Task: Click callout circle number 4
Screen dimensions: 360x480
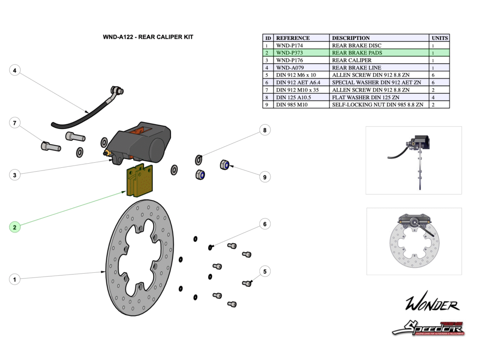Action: (x=15, y=71)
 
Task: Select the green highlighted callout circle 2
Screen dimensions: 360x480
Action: (x=15, y=227)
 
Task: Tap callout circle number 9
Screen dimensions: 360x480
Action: (x=265, y=177)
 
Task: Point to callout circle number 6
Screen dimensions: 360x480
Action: (x=265, y=225)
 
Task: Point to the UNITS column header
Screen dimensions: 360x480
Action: (x=439, y=38)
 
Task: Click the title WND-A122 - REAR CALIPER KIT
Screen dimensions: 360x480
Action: (x=148, y=37)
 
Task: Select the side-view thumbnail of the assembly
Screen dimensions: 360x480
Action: (x=413, y=160)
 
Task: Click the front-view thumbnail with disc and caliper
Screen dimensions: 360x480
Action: (x=413, y=241)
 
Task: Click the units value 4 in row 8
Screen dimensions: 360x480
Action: (x=433, y=97)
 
